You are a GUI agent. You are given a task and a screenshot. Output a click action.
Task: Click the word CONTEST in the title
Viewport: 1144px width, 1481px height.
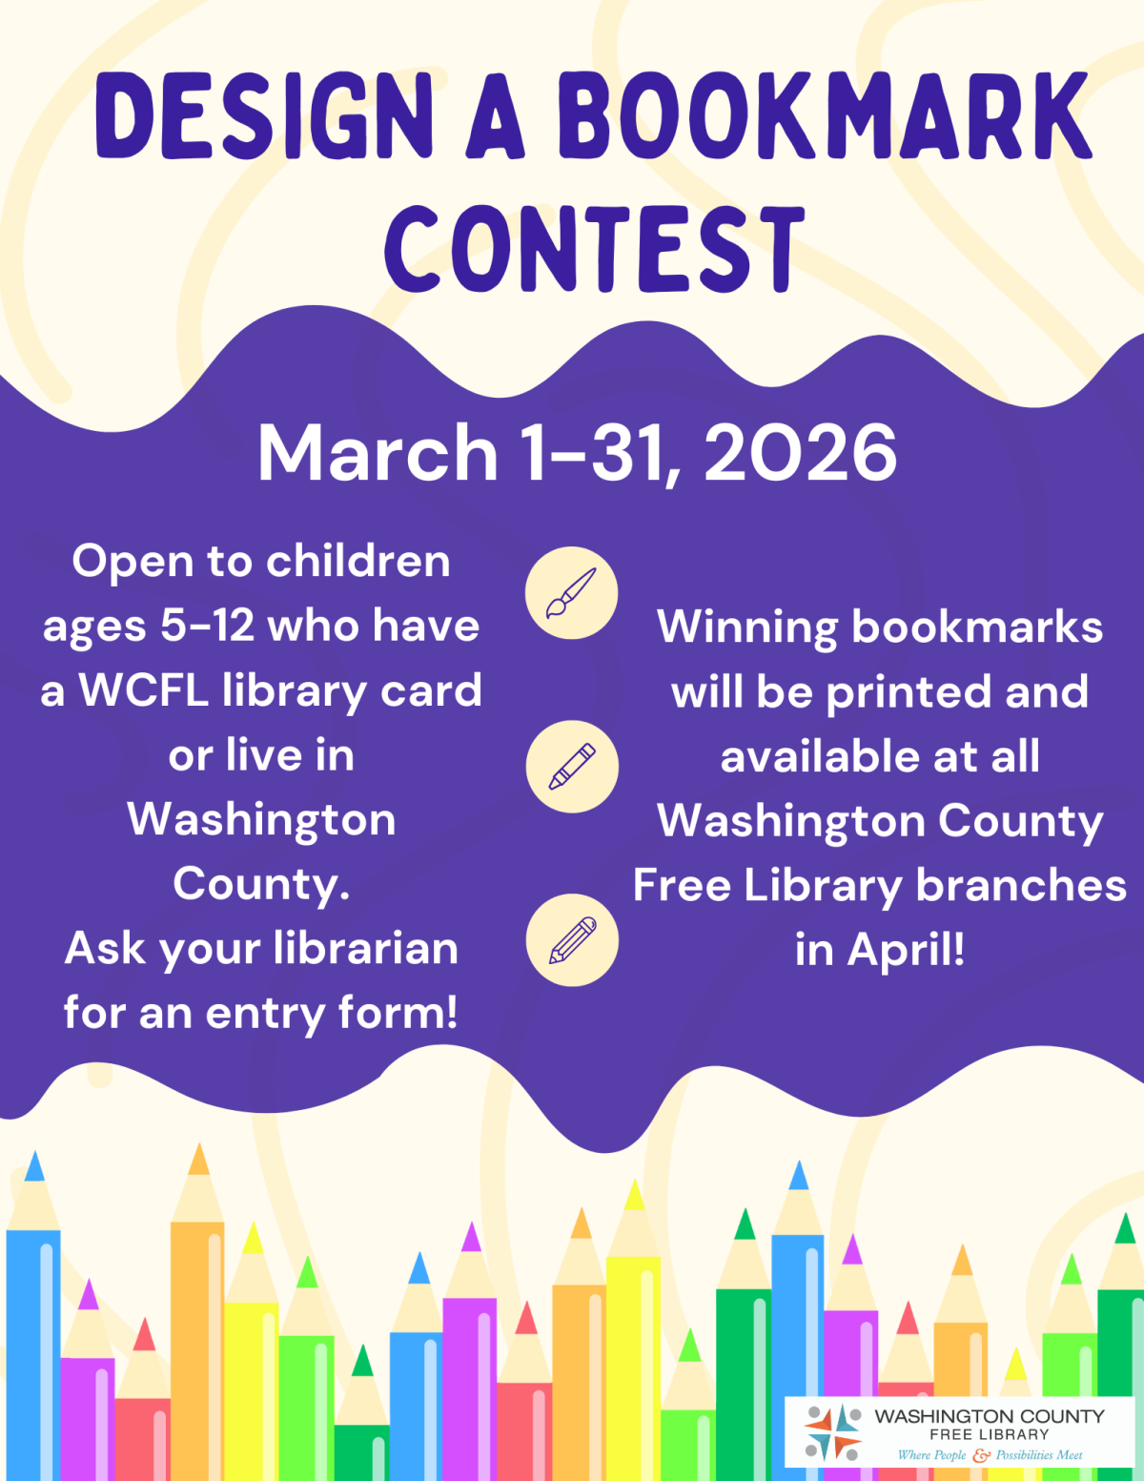(595, 249)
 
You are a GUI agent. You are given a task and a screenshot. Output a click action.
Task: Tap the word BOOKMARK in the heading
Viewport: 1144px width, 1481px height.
(825, 116)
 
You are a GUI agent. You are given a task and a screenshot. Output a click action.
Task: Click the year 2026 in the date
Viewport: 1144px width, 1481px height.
(800, 453)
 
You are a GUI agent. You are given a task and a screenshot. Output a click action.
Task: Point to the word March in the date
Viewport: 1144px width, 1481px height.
(378, 453)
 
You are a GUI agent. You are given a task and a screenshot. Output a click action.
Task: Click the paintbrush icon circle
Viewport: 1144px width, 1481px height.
(572, 593)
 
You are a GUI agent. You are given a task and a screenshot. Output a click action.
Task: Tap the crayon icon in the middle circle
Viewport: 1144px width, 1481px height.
(572, 767)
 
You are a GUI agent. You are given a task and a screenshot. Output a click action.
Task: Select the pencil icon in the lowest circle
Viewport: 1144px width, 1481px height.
(572, 940)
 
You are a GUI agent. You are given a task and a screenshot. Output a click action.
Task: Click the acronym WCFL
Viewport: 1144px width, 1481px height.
(143, 690)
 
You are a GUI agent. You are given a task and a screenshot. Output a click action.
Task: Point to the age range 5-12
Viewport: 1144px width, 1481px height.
(207, 627)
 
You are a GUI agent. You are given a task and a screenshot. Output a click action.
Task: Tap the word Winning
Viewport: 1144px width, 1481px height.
(746, 627)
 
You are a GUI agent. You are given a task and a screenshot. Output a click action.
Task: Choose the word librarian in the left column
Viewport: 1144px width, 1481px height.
(365, 949)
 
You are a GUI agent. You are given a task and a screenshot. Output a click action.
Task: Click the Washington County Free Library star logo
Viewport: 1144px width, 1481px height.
(832, 1432)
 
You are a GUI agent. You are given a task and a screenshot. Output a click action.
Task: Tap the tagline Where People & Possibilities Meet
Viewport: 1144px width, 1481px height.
(990, 1455)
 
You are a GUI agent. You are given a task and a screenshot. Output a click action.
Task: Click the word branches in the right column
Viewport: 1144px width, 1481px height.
(1021, 886)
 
